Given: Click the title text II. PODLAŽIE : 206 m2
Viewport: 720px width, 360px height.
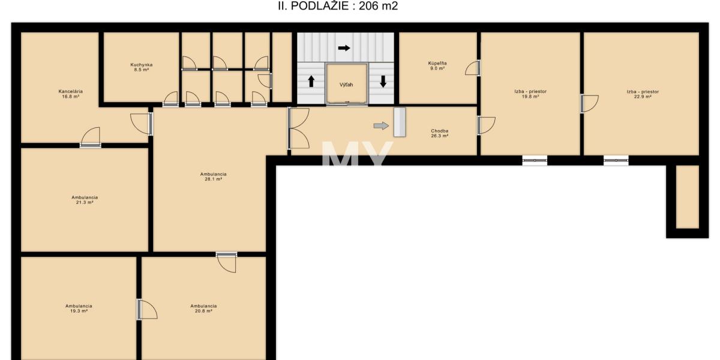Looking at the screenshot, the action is coord(338,6).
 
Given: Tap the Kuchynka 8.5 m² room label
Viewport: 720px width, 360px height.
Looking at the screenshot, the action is coord(142,67).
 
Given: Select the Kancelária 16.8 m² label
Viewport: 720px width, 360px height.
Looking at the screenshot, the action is coord(71,94).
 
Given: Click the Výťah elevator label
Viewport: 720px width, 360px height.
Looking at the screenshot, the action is coord(346,85).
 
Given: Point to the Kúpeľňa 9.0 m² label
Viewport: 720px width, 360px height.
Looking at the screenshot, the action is coord(437,66).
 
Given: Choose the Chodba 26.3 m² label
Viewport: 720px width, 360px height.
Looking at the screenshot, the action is coord(440,133).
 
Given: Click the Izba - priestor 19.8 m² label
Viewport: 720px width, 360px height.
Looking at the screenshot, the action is coord(530,94).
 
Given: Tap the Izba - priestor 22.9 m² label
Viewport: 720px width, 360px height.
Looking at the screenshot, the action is coord(643,94).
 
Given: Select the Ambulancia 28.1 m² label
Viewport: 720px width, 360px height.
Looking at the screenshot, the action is coord(214,176).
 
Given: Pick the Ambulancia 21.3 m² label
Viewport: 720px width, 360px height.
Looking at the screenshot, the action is coord(85,200).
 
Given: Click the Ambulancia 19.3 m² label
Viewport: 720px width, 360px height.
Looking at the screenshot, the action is coord(79,308).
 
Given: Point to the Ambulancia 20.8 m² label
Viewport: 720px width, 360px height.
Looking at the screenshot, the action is coord(203,308).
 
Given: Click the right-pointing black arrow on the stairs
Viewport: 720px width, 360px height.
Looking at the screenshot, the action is coord(344,48).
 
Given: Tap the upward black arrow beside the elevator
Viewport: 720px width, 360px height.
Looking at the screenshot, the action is coord(311,82).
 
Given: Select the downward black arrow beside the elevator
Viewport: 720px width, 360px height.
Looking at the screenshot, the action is coord(383,82).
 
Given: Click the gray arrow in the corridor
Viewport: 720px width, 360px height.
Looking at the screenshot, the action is coord(381,125).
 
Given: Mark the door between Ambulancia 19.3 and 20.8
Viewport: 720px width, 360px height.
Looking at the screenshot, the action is coord(147,310).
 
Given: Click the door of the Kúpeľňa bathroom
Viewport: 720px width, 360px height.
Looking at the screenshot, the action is coord(473,68).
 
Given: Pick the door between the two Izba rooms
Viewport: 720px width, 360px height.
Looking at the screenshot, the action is coord(589,103).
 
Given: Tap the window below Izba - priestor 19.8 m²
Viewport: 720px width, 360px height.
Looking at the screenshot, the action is coord(535,160).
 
